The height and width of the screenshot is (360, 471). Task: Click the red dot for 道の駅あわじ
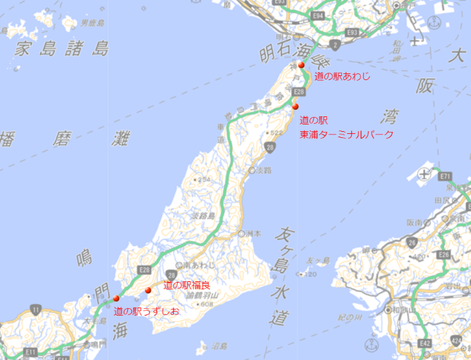[x=301, y=65]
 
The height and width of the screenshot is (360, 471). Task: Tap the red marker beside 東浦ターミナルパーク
[x=295, y=106]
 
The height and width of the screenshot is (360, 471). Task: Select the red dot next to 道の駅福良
[x=148, y=290]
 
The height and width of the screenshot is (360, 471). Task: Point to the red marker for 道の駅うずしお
[x=116, y=298]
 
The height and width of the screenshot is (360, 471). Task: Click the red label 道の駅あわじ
[x=342, y=77]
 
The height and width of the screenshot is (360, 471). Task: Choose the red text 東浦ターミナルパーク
[x=346, y=135]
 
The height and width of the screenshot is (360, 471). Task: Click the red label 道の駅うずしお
[x=146, y=311]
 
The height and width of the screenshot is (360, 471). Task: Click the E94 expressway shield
[x=318, y=15]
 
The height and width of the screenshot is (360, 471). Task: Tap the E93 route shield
[x=352, y=31]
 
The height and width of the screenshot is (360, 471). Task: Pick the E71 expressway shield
[x=444, y=176]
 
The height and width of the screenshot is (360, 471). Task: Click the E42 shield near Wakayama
[x=425, y=343]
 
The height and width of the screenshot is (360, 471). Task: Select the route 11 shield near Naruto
[x=36, y=310]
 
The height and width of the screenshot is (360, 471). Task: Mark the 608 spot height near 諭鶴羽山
[x=206, y=304]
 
